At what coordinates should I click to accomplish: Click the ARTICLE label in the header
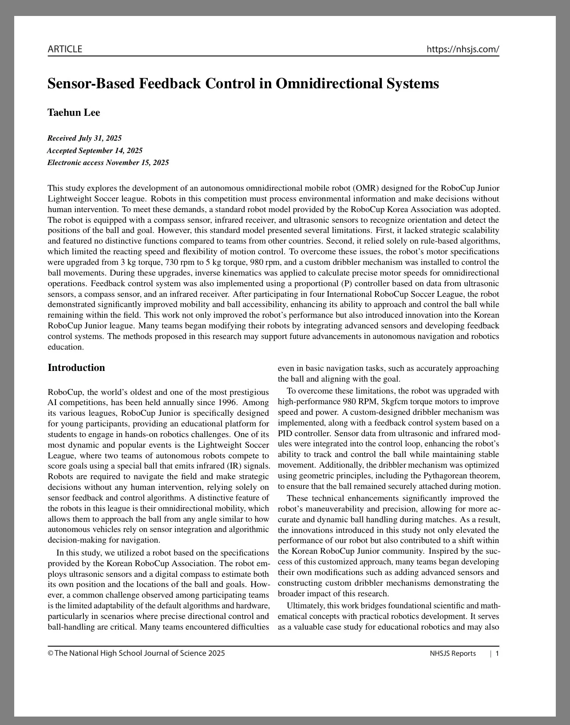click(65, 49)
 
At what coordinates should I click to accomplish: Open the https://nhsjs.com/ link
click(463, 49)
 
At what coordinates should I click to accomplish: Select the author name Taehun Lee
click(74, 113)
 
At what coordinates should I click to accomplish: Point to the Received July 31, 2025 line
click(84, 138)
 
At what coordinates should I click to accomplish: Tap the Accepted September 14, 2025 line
click(95, 150)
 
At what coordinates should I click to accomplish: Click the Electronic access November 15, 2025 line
click(108, 162)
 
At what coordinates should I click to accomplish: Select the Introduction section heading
click(76, 367)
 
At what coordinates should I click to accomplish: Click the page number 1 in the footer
click(497, 653)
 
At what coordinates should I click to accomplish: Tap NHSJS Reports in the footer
click(452, 653)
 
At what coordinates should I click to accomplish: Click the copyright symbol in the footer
click(51, 653)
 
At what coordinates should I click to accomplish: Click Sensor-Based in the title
click(91, 83)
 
